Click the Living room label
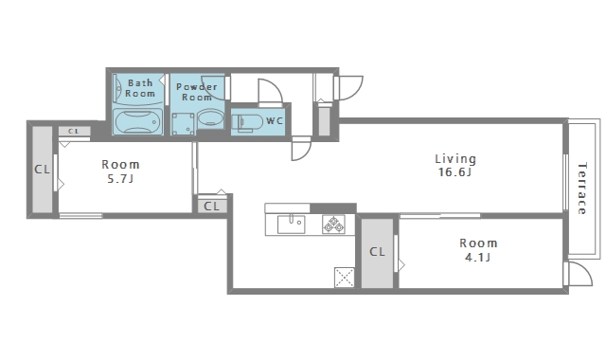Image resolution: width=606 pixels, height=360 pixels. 455,159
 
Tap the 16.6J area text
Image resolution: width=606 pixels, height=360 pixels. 454,172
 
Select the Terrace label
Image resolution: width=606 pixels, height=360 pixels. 582,189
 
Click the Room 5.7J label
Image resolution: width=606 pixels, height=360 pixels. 120,171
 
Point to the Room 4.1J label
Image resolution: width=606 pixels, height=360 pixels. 478,250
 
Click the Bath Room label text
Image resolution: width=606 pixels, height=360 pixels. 140,88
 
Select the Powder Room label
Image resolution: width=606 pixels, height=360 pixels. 197,92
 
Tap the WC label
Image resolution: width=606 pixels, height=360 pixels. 275,121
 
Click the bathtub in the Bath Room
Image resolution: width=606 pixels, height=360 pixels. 137,122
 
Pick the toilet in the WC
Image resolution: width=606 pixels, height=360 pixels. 248,122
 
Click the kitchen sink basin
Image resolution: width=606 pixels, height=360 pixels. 291,225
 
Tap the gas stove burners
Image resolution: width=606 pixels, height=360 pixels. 333,225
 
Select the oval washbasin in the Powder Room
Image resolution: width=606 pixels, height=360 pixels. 210,119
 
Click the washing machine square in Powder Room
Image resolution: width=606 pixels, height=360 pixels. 183,124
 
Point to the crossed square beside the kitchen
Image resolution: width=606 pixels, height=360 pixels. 344,278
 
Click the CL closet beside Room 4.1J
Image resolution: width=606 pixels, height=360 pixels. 377,253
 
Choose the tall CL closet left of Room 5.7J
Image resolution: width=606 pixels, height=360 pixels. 42,170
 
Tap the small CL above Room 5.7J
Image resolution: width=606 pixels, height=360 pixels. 74,131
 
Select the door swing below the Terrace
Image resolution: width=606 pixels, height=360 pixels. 579,274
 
